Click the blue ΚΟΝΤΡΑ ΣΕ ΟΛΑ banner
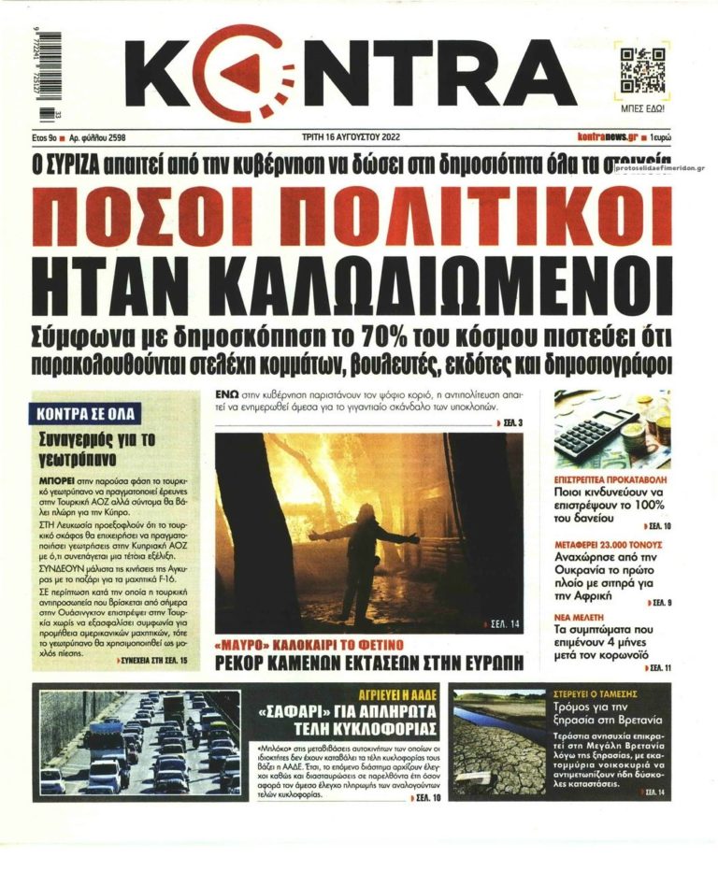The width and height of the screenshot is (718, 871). tap(87, 412)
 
